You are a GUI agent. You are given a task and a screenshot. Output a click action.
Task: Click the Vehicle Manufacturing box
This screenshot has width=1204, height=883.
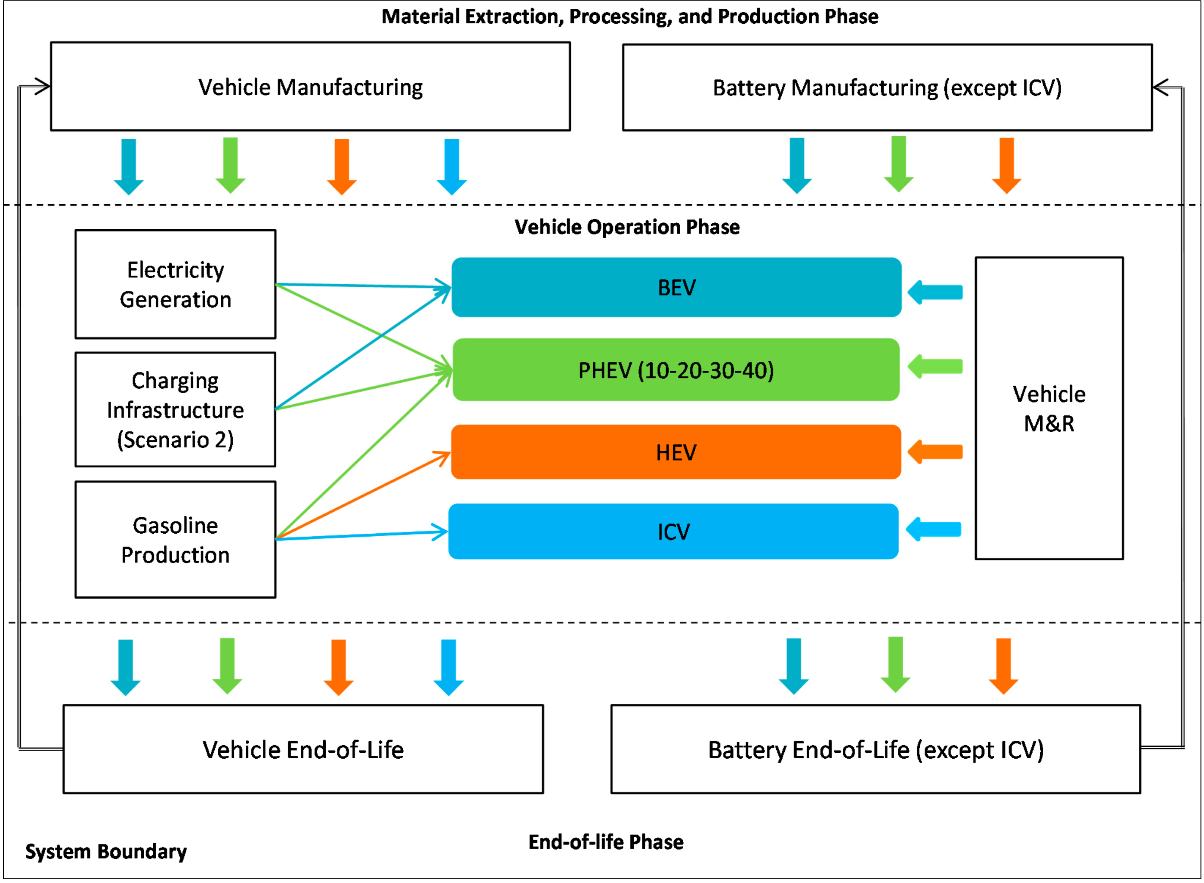(311, 87)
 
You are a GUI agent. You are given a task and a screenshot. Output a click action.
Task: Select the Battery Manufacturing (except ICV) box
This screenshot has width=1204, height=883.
(888, 88)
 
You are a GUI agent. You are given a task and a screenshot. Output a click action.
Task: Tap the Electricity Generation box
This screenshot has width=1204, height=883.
(176, 284)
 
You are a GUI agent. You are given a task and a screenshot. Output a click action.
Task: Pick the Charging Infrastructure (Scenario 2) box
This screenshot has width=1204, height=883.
(176, 410)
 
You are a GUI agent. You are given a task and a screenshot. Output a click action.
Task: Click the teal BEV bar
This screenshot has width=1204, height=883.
(676, 288)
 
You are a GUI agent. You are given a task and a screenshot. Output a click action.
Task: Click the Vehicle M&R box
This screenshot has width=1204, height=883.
(1049, 409)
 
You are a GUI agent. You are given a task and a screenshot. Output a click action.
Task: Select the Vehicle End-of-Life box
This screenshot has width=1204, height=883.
(303, 749)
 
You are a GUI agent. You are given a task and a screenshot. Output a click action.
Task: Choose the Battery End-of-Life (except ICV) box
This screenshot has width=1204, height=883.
(876, 749)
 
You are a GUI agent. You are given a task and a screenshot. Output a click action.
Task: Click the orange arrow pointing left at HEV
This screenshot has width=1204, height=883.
(935, 452)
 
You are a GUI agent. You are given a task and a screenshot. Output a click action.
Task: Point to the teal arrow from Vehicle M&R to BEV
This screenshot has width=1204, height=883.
(935, 292)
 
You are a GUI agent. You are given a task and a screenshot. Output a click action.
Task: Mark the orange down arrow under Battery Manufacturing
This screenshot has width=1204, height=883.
(1007, 166)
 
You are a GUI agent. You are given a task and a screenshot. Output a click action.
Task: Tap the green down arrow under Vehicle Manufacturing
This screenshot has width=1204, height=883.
(231, 166)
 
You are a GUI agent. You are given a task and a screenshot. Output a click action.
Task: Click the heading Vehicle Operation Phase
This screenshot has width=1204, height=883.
(627, 227)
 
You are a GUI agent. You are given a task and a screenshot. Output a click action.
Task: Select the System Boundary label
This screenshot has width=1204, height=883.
(106, 851)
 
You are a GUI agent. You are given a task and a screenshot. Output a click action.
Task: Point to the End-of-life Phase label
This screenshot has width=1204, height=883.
(606, 842)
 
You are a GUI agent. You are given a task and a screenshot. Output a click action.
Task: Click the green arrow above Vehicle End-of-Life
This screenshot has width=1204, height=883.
(227, 666)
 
